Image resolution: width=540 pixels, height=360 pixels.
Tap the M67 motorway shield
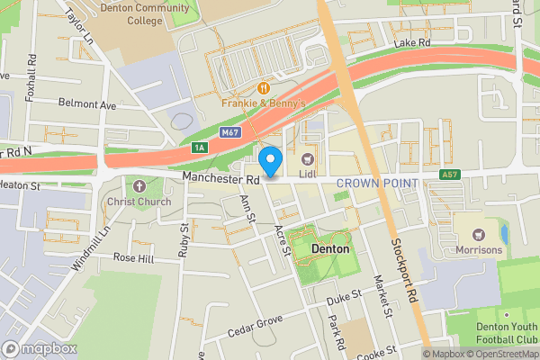pyautogui.click(x=230, y=133)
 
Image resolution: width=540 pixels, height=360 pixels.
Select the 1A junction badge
pyautogui.click(x=200, y=147)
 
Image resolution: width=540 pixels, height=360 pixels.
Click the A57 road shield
pyautogui.click(x=450, y=174)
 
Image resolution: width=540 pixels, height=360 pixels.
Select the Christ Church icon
pyautogui.click(x=138, y=186)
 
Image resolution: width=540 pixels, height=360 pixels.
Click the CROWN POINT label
pyautogui.click(x=377, y=184)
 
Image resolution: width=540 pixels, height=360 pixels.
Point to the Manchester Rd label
pyautogui.click(x=220, y=179)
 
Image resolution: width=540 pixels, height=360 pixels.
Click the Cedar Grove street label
pyautogui.click(x=256, y=324)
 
